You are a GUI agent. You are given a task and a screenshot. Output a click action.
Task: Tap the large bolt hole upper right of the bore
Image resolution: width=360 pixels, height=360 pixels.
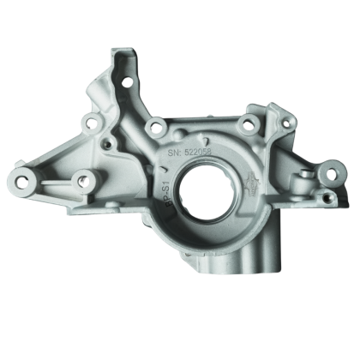[x=247, y=125]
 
